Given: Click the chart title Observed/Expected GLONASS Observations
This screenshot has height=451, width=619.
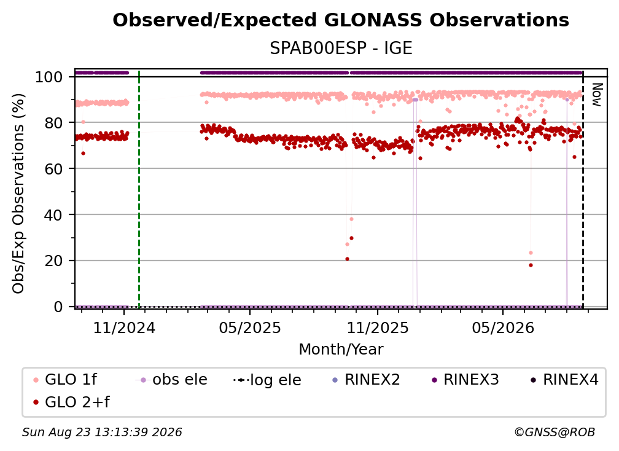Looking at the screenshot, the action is tap(341, 20).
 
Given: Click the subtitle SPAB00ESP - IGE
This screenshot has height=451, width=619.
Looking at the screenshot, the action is tap(341, 49).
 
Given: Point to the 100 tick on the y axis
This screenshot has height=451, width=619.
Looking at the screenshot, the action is tap(49, 77).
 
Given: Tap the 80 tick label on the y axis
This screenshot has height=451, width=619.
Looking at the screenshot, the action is tap(53, 123).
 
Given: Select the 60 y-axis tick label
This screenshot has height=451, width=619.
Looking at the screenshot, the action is tap(53, 169).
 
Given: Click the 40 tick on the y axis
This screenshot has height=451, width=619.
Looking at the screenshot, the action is tap(53, 215).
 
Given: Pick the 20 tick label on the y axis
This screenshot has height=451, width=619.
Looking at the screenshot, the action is tap(53, 261).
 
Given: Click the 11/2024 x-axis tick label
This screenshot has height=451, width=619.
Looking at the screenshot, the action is tap(124, 327).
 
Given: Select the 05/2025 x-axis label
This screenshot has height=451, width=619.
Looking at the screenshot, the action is tap(250, 327).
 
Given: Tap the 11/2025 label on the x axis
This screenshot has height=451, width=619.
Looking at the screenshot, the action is tap(378, 327).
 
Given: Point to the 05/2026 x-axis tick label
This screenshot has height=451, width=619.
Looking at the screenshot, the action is tap(502, 327).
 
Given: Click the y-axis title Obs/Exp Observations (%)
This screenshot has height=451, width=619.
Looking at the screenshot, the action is tap(18, 193).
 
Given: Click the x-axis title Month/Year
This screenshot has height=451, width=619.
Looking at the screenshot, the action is tap(341, 350).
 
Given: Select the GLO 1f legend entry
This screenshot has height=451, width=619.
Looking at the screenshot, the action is tap(65, 380).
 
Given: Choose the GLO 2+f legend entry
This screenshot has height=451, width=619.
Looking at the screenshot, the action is tap(71, 402).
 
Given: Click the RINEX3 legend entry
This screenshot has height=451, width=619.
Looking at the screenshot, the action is tap(465, 380).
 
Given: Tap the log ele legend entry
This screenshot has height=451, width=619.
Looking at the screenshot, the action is tap(267, 380).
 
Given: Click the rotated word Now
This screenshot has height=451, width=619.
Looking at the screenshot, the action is tap(596, 95).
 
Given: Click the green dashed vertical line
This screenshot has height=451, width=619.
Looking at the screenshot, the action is tap(139, 189).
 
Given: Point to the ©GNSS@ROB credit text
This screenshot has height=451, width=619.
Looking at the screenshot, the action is tap(555, 432).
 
